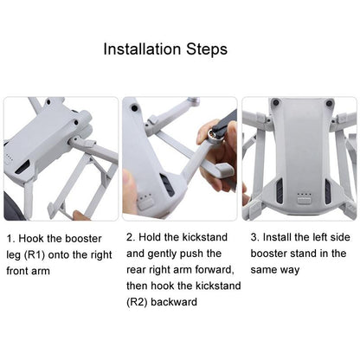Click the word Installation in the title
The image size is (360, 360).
[143, 49]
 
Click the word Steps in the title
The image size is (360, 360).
[207, 49]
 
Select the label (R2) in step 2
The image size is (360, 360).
[137, 302]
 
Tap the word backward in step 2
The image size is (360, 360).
[174, 302]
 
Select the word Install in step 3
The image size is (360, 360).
[277, 237]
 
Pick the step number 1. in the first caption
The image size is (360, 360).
[10, 239]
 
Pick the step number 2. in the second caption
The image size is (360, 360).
[132, 237]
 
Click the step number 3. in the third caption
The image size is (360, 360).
[255, 237]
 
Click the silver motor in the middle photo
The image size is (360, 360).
[214, 134]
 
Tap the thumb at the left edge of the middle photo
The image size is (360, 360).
[128, 188]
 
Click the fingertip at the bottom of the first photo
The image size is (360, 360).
[80, 215]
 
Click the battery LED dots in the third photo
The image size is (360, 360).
[304, 195]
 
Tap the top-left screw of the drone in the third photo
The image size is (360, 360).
[276, 102]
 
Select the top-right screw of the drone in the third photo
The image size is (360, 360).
[329, 103]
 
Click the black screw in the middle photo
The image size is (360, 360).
[135, 108]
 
